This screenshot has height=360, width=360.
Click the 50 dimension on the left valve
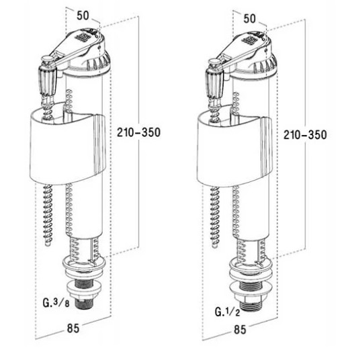pos(83,15)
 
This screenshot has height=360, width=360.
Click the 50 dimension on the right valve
pos(249,19)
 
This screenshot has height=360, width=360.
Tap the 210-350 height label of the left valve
pos(138,132)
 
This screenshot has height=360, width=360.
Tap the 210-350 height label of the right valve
pos(305,135)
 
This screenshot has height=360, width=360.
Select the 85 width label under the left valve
pos(73,328)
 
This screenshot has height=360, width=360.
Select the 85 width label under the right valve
pos(240,330)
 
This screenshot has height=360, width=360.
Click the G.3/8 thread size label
pos(56,303)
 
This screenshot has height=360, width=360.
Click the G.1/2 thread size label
pos(227,312)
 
